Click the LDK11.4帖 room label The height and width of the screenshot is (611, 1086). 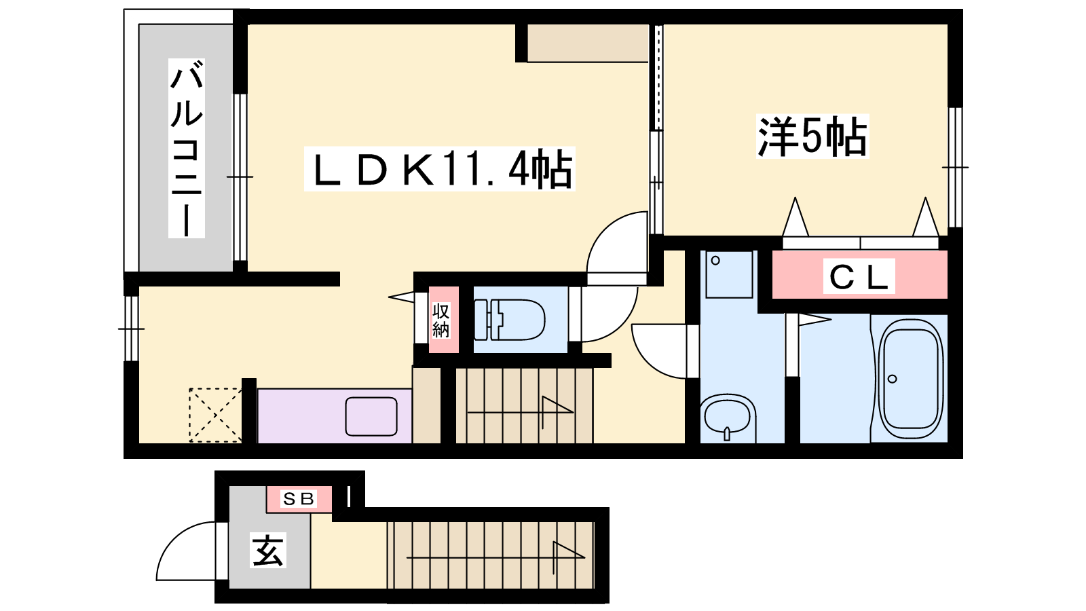[439, 169]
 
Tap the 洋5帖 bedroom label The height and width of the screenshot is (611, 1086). [812, 136]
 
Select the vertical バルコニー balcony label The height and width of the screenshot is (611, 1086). [187, 149]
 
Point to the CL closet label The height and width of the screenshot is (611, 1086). [859, 277]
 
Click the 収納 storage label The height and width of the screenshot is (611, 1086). [441, 320]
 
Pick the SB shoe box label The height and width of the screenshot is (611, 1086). [299, 498]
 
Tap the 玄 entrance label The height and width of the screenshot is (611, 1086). [268, 550]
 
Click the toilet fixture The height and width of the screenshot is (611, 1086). [509, 320]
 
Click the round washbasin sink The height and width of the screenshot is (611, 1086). [727, 415]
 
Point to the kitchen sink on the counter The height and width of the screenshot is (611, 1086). [371, 417]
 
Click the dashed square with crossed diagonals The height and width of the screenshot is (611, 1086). [215, 415]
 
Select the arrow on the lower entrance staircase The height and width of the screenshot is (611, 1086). [496, 557]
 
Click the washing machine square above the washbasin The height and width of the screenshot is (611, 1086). [729, 274]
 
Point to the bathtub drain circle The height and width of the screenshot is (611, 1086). [892, 379]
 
